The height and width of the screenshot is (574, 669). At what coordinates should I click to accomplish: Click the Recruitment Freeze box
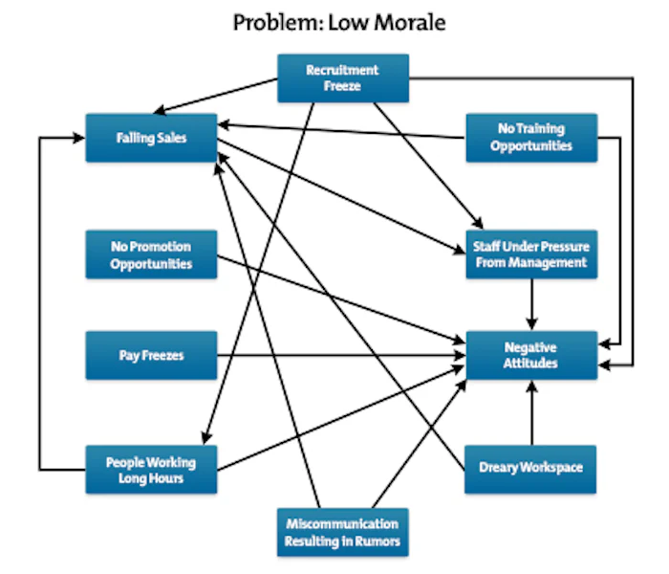(342, 77)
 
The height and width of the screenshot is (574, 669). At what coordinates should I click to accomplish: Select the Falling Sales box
(151, 138)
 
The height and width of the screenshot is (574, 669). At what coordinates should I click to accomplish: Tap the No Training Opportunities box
(530, 138)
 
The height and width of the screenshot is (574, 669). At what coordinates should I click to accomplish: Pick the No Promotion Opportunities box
(151, 254)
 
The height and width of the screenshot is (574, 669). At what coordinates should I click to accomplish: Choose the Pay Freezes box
(151, 355)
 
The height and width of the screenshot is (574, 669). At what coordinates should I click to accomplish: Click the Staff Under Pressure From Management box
(530, 254)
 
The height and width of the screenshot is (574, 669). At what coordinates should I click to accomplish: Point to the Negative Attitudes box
(530, 355)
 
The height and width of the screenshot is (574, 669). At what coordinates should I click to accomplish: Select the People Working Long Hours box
(151, 469)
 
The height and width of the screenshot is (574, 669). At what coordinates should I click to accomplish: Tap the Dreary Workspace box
(530, 469)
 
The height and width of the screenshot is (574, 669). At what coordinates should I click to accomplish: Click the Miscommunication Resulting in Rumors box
(342, 532)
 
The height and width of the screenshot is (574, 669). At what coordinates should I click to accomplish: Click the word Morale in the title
(412, 22)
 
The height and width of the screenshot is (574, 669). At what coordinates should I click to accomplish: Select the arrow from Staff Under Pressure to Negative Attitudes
(530, 304)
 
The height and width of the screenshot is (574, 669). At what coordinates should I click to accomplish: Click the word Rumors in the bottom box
(377, 541)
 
